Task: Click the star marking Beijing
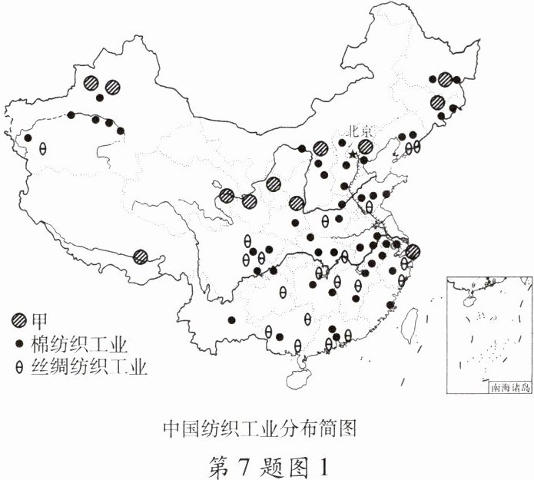pyautogui.click(x=353, y=155)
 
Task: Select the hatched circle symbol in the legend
pyautogui.click(x=18, y=319)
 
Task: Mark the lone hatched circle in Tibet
pyautogui.click(x=141, y=257)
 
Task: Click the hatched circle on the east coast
pyautogui.click(x=413, y=251)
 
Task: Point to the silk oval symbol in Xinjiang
pyautogui.click(x=43, y=148)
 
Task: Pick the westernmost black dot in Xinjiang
pyautogui.click(x=28, y=138)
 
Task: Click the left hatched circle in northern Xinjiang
pyautogui.click(x=92, y=82)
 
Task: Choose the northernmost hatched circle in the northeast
pyautogui.click(x=445, y=79)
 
